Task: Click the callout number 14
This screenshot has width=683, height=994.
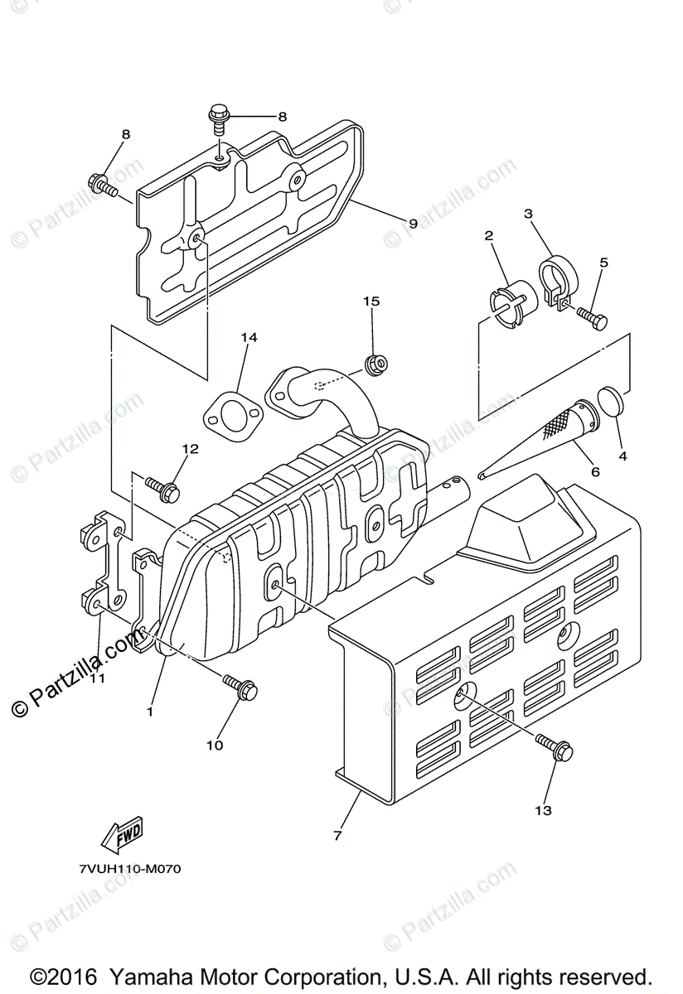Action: click(249, 337)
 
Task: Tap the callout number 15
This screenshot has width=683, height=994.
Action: click(371, 302)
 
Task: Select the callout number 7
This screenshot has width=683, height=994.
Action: click(337, 836)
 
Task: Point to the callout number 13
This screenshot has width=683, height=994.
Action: click(543, 810)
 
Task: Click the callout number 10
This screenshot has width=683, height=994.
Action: click(215, 745)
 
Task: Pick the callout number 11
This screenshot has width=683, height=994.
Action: click(98, 678)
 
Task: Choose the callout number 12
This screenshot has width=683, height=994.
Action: click(191, 449)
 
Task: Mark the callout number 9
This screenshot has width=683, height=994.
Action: click(412, 223)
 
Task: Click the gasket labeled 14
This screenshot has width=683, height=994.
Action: click(233, 415)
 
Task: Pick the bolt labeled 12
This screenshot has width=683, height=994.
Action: click(163, 488)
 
